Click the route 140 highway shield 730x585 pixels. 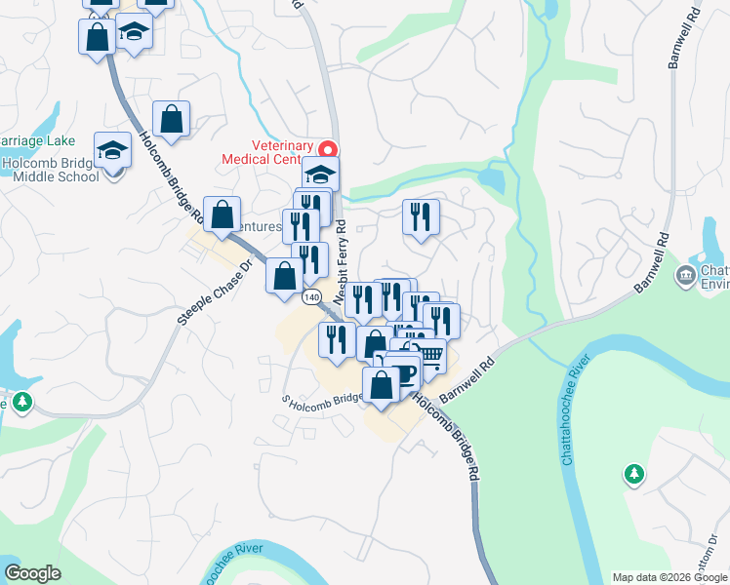pos(311,296)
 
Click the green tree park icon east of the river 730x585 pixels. pos(634,474)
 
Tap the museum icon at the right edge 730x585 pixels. pos(685,277)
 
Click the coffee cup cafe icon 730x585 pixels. pos(402,371)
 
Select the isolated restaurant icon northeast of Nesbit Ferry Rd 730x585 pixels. pos(421,215)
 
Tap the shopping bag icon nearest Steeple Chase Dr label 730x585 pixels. pos(223,214)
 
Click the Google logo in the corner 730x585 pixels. pos(32,573)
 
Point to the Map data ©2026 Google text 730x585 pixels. pos(669,577)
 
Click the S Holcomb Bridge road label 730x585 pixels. pos(322,399)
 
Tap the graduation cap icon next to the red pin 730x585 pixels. pos(319,175)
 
